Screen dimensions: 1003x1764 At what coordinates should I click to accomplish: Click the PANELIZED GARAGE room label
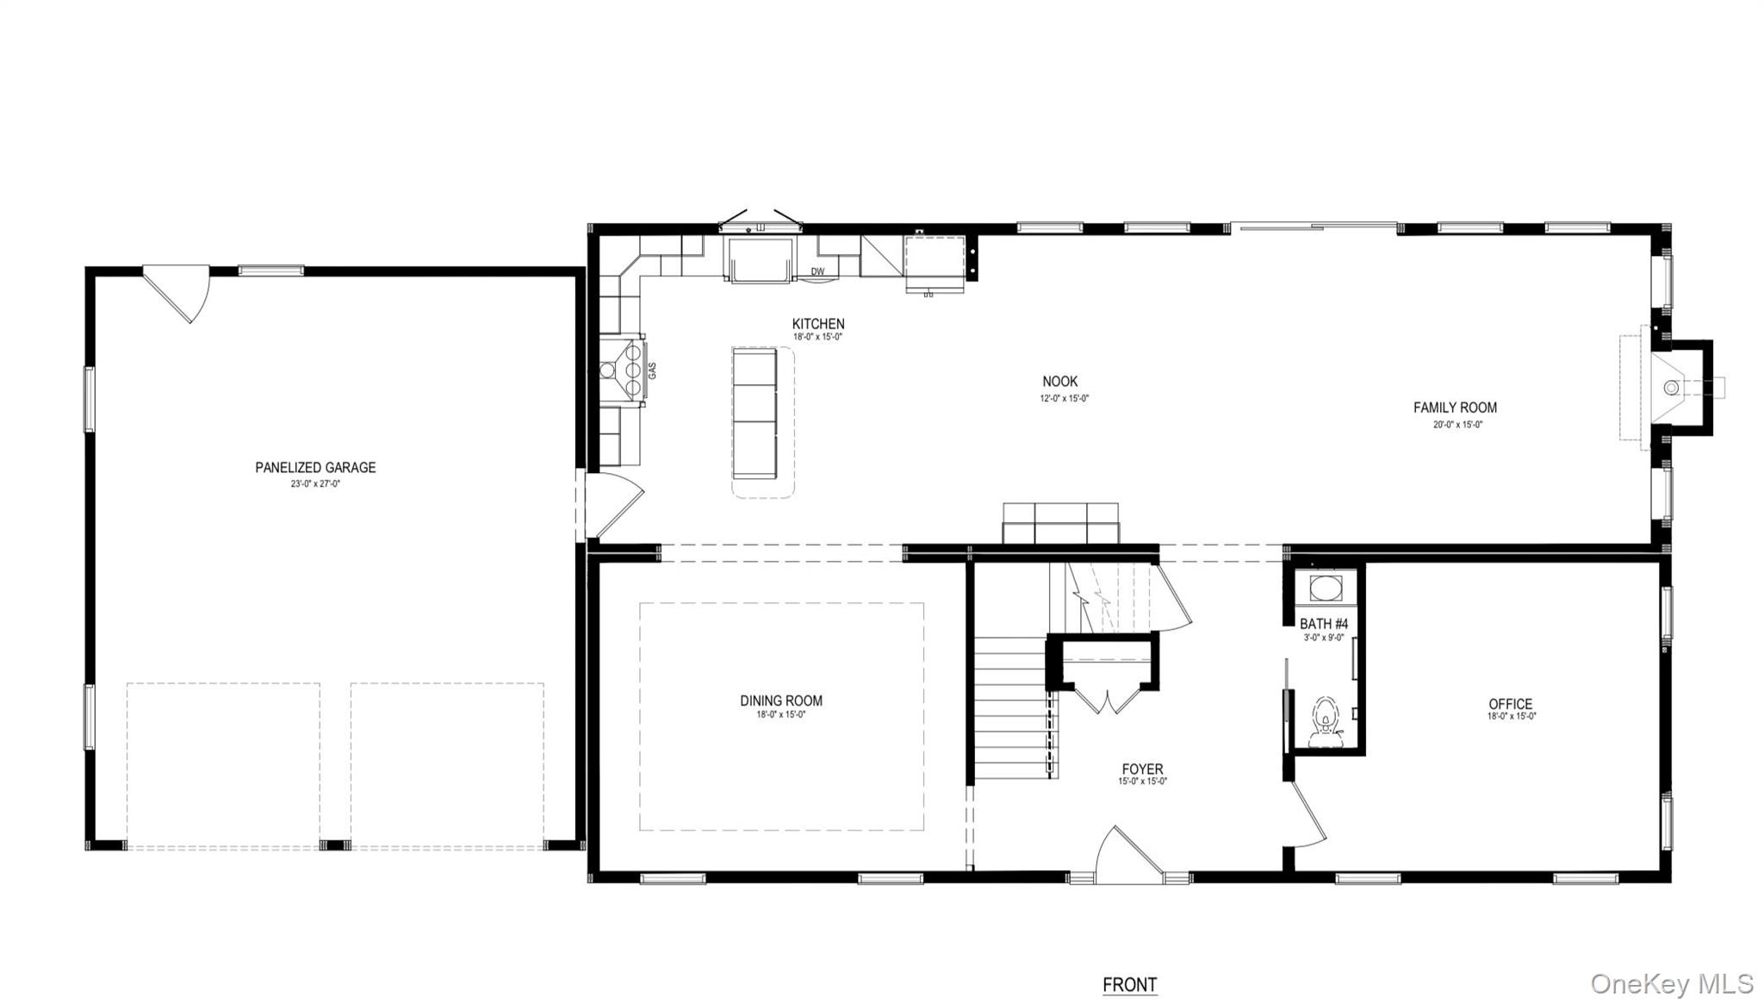(315, 467)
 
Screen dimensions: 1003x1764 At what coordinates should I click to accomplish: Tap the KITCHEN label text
(818, 324)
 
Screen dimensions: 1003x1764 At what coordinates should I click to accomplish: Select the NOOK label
(1059, 381)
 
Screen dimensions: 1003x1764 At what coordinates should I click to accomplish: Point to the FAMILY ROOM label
(1455, 408)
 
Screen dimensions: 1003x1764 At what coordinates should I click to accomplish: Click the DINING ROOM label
(781, 701)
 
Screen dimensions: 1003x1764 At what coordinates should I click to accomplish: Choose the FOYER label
(1142, 769)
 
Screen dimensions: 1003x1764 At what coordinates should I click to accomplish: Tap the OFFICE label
(1511, 704)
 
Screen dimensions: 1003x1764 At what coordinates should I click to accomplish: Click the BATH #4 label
(1324, 624)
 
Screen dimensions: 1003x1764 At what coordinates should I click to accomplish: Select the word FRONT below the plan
(1129, 984)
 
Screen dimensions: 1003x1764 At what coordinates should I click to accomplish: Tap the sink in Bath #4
(1325, 589)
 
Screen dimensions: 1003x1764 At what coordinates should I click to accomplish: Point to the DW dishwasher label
(817, 272)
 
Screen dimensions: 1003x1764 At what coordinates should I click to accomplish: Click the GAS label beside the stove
(652, 371)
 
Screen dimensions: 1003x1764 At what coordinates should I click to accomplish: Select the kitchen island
(755, 413)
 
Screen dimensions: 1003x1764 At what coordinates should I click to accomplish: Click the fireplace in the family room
(1673, 388)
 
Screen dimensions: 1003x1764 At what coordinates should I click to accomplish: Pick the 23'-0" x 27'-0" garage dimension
(315, 483)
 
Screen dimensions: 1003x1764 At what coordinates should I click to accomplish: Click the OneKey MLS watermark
(1671, 984)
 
